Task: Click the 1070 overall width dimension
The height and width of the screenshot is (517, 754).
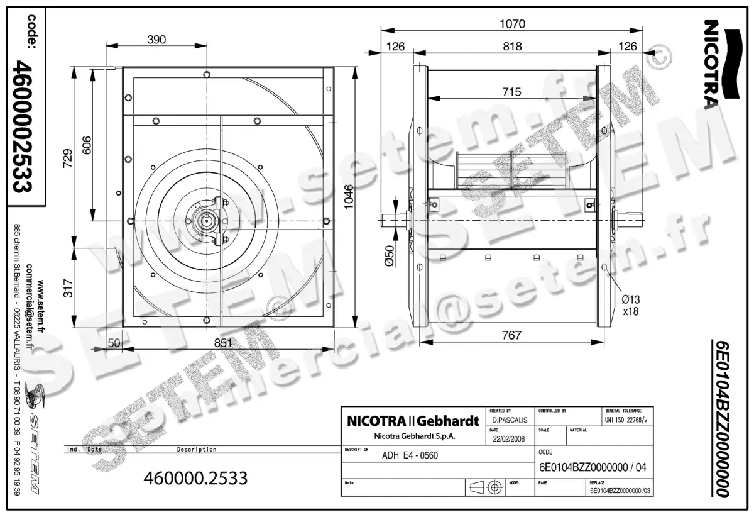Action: pyautogui.click(x=512, y=24)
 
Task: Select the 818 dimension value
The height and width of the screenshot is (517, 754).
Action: pyautogui.click(x=512, y=46)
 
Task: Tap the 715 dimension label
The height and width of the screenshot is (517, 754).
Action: pyautogui.click(x=512, y=92)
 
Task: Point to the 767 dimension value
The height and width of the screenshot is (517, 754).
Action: pyautogui.click(x=512, y=335)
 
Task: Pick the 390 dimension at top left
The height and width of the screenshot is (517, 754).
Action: pyautogui.click(x=156, y=40)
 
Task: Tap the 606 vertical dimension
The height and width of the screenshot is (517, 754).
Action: pyautogui.click(x=87, y=146)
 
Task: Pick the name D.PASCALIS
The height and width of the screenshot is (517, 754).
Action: pyautogui.click(x=509, y=420)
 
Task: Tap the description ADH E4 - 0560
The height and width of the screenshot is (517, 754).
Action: pyautogui.click(x=410, y=456)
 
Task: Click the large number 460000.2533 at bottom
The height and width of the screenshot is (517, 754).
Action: pyautogui.click(x=196, y=478)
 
